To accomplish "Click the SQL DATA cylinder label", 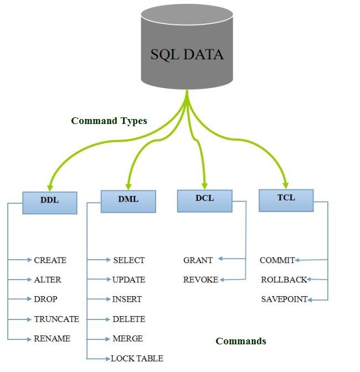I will pos(187,54).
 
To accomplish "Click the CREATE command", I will pos(50,260).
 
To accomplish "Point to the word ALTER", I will pos(48,280).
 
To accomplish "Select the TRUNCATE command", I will pos(56,319).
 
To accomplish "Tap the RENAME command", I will pos(52,338).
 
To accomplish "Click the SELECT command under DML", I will pos(128,260).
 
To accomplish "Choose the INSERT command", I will pos(127,299).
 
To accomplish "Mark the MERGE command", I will pos(127,338).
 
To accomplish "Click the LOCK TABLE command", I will pos(137,358).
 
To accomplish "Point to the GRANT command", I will pos(198,260).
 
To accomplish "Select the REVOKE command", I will pos(200,280).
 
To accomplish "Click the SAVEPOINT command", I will pos(284,299).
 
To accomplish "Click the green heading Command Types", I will pos(109,121).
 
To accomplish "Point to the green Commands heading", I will pos(240,341).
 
